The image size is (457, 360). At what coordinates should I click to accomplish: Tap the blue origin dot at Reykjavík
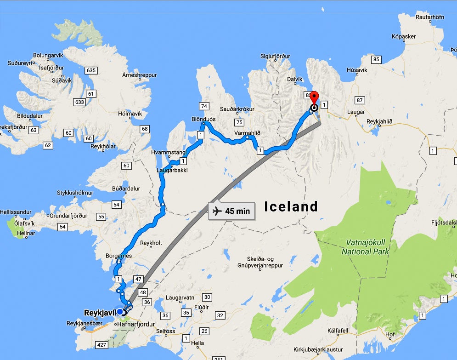tap(120, 312)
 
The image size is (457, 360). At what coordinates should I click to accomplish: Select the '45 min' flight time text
tap(237, 211)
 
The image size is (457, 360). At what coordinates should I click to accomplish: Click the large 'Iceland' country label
tap(291, 206)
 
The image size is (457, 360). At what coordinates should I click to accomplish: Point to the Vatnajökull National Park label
tap(365, 247)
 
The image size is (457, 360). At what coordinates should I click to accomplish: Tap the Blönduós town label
tap(203, 119)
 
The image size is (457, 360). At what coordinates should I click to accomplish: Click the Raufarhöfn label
tap(429, 17)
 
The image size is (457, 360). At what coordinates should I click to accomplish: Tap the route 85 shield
tap(377, 59)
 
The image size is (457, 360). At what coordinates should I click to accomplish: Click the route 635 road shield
tap(90, 70)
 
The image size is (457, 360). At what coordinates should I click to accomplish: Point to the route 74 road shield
tap(204, 106)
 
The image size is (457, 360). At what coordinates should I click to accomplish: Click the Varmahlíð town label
tap(247, 133)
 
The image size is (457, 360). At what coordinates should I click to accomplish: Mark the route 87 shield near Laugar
tap(359, 100)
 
